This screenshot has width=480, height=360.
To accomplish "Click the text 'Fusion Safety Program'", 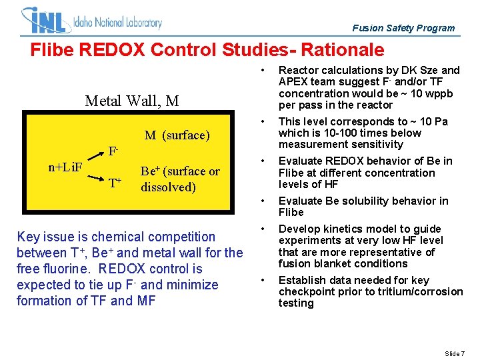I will tap(403, 28).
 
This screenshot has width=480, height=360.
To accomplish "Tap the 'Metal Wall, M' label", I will tap(132, 101).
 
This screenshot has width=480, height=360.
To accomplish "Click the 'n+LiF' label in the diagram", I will tap(65, 166).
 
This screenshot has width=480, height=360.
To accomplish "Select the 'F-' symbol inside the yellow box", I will tap(114, 151).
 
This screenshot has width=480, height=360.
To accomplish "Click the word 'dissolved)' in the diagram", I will tap(168, 187).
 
